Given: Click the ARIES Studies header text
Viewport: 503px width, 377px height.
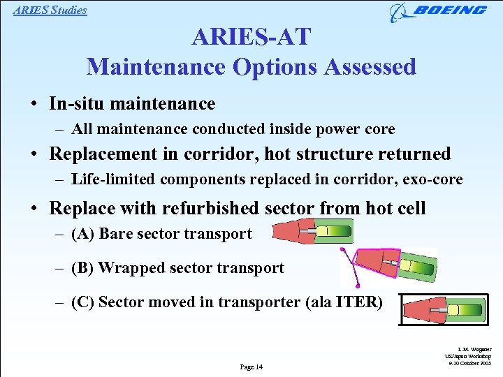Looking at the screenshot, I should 50,10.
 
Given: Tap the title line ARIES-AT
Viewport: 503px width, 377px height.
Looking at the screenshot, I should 251,37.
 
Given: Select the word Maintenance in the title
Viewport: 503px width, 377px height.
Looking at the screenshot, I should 158,67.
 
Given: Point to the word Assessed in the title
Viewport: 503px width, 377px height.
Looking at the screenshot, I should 370,67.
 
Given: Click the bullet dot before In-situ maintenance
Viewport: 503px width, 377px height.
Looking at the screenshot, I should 34,105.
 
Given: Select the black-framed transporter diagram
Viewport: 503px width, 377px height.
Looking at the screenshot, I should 444,309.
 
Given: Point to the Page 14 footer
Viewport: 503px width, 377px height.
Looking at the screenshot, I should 251,367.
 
